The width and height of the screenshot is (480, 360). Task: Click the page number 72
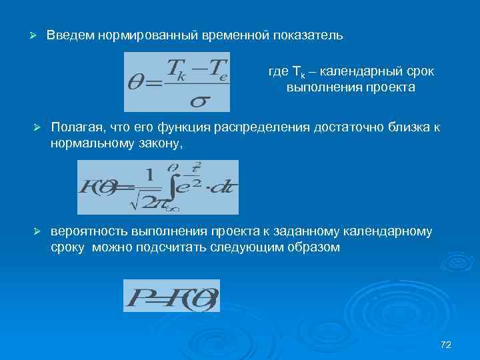(446, 344)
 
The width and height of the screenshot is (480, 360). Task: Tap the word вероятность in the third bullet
(87, 231)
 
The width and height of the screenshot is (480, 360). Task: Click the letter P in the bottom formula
(136, 296)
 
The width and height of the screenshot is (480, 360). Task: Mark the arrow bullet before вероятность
(38, 231)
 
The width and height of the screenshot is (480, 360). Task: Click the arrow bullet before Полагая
(38, 127)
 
